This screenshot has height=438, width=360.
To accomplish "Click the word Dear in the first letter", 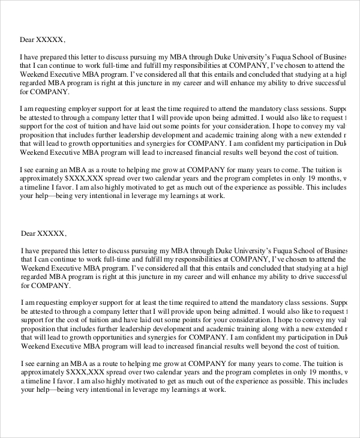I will point(28,40).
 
